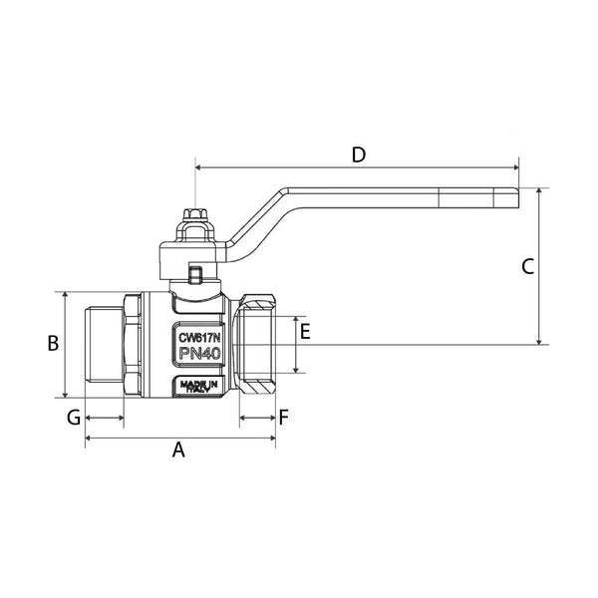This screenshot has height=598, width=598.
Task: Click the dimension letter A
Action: pos(179,449)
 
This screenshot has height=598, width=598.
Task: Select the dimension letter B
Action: pos(55,343)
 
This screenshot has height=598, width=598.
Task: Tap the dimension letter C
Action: pos(528,266)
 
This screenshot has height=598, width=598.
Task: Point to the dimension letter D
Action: pos(359,154)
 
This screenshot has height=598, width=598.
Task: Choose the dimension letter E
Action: pos(305,332)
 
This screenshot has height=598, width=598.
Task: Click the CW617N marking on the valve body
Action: pos(199,337)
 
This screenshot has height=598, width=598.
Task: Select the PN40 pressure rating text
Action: pos(199,355)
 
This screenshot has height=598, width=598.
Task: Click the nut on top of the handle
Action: pos(196,216)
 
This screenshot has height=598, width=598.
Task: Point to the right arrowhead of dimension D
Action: pos(516,167)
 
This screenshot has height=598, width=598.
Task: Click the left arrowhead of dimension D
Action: pos(200,167)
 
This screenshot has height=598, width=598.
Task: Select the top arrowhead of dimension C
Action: pos(538,192)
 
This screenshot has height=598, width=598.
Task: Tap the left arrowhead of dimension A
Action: pos(90,438)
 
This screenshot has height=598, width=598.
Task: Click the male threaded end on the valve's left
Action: pos(104,345)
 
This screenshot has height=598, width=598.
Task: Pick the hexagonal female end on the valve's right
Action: pos(257,345)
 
